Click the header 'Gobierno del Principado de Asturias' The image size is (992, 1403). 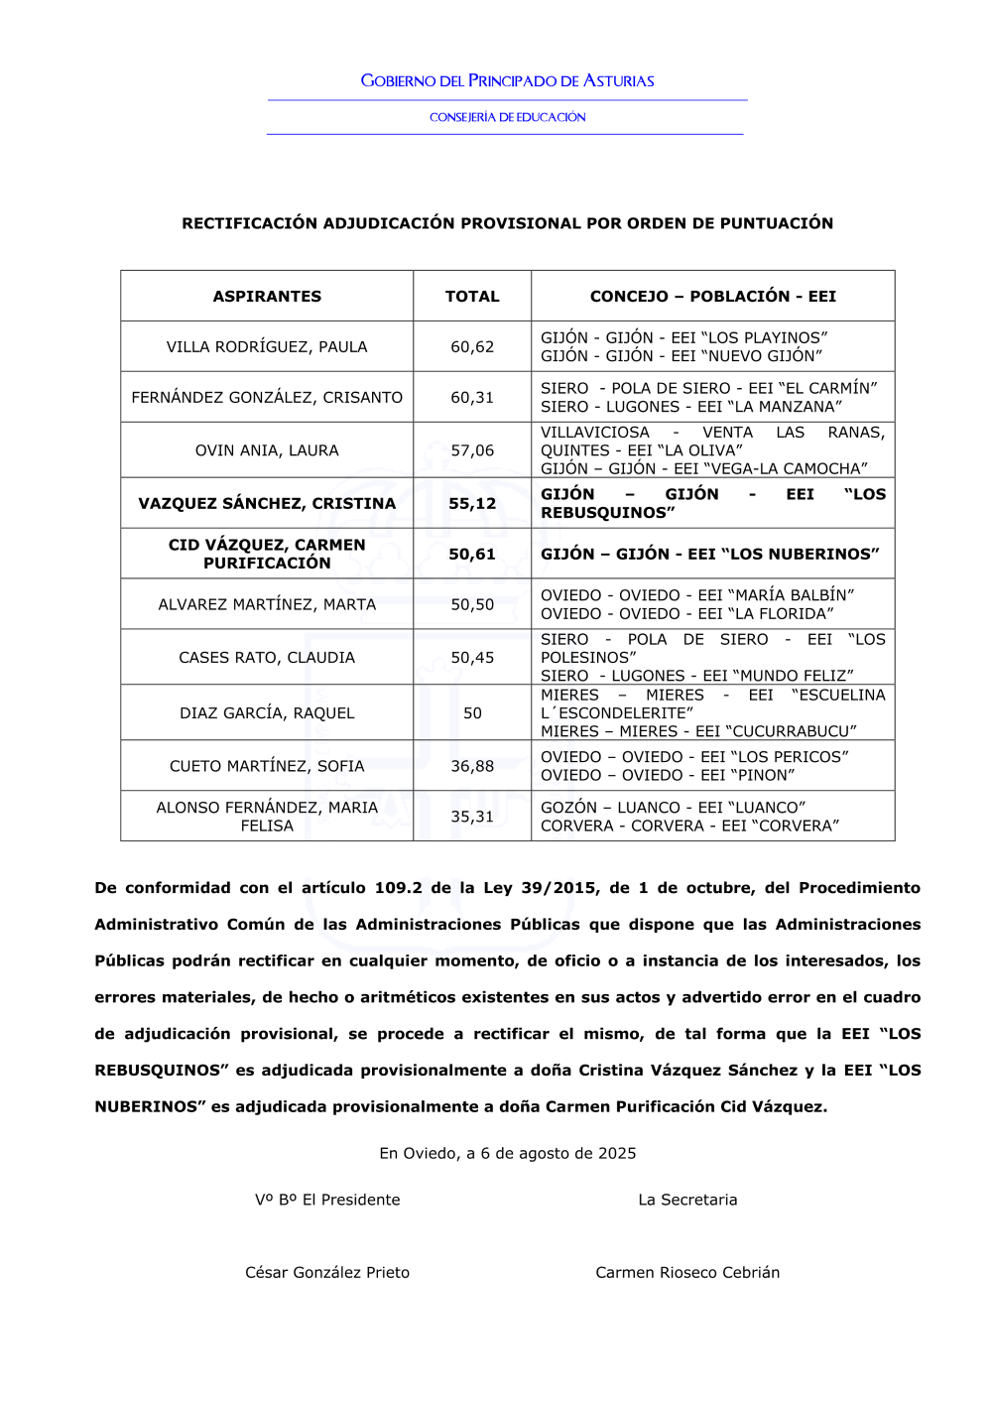tap(507, 81)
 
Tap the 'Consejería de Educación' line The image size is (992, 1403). tap(507, 117)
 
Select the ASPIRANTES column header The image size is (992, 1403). tap(267, 296)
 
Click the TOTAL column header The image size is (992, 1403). tap(472, 296)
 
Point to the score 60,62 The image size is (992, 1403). tap(472, 346)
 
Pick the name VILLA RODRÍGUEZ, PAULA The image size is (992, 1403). tap(267, 346)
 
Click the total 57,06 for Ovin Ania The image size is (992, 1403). tap(472, 450)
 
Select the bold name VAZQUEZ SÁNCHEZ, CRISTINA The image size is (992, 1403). tap(267, 503)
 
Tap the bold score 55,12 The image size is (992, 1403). tap(472, 503)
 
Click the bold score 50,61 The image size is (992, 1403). tap(472, 554)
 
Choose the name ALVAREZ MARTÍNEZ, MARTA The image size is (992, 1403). tap(267, 604)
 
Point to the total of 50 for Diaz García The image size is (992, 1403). tap(472, 712)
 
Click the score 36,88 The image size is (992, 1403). tap(472, 766)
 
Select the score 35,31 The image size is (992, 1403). tap(472, 817)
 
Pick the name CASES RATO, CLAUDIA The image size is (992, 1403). tap(267, 657)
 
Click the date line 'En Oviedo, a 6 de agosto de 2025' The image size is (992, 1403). tap(507, 1153)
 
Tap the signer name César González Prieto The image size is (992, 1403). tap(327, 1272)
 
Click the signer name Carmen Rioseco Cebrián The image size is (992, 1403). tap(687, 1272)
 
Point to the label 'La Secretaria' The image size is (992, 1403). tap(687, 1200)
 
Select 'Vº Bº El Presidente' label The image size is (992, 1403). tap(327, 1200)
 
